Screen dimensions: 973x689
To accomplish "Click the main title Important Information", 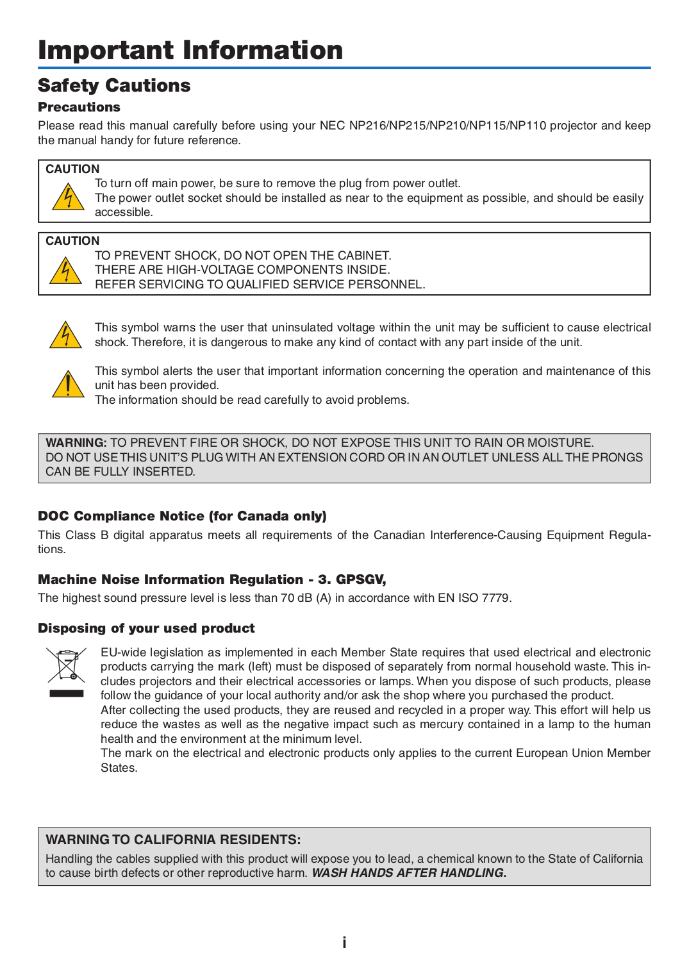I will click(x=190, y=50).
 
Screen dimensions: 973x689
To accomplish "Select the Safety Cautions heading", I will click(x=114, y=85).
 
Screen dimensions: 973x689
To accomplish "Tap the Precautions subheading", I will click(x=79, y=107).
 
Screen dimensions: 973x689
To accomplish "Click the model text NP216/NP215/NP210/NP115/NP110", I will click(x=447, y=126).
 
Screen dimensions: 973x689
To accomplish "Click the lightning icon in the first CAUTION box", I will click(x=67, y=197).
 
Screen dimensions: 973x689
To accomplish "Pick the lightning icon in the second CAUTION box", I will click(x=65, y=271).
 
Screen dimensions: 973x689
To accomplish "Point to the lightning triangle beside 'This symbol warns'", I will click(x=65, y=335).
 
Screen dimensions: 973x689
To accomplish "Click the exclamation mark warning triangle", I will click(x=67, y=385).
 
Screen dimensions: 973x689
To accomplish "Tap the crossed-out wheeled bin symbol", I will click(x=66, y=665).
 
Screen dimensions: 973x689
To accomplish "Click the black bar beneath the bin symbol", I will click(x=66, y=693).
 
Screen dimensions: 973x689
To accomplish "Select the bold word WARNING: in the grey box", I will click(x=76, y=443).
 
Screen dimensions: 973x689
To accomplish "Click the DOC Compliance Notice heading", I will click(x=182, y=516).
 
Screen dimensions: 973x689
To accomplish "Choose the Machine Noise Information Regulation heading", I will click(x=212, y=579).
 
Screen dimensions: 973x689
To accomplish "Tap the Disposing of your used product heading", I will click(x=146, y=628).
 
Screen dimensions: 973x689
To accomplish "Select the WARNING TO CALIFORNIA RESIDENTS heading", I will click(x=173, y=840).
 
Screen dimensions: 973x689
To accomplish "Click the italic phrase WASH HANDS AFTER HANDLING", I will click(x=409, y=873).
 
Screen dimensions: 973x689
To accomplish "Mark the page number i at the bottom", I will click(x=344, y=942).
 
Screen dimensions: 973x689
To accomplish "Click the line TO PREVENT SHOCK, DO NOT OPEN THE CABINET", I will click(x=243, y=256).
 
